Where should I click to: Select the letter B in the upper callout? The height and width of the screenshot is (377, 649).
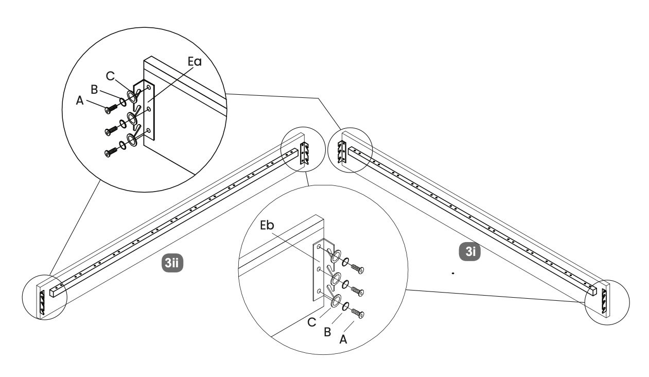(95, 89)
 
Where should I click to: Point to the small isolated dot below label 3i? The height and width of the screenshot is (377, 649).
(452, 272)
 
